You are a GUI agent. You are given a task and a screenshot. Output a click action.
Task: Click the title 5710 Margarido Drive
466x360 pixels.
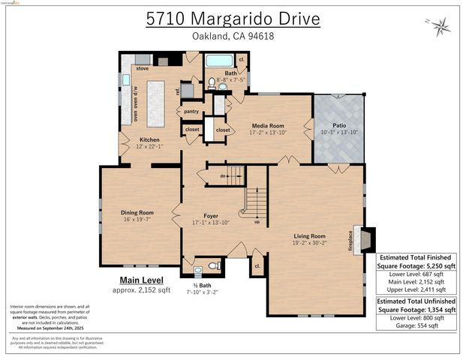(233, 18)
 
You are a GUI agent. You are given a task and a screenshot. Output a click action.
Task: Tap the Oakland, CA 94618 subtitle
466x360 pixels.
(233, 37)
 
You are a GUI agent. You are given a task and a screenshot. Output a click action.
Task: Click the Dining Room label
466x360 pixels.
(137, 212)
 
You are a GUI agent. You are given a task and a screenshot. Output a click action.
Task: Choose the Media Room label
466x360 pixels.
(266, 126)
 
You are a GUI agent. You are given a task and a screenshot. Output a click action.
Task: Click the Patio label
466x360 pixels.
(338, 126)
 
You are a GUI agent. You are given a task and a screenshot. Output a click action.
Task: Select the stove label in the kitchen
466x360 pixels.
(142, 67)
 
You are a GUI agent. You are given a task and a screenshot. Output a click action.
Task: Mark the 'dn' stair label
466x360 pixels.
(223, 177)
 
